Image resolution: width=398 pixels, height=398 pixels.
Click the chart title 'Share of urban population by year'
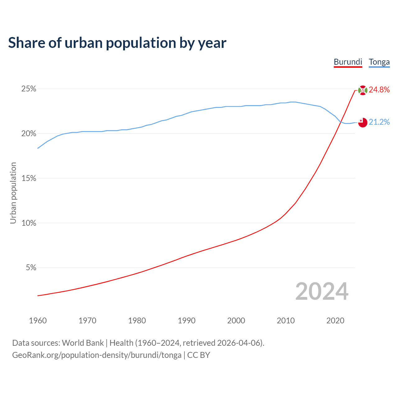point(117,43)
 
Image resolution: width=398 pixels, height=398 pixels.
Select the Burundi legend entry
point(348,62)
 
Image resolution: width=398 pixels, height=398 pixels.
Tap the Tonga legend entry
point(379,62)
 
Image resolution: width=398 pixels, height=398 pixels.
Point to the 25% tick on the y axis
point(29,89)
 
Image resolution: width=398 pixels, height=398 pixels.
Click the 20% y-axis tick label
point(29,134)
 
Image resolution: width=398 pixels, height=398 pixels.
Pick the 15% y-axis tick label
point(29,178)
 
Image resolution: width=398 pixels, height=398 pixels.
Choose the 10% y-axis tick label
point(29,223)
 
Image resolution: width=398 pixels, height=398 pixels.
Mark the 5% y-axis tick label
point(31,268)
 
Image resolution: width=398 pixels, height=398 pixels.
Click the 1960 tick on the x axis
point(38,321)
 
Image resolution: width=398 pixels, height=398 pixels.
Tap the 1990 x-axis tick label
point(187,321)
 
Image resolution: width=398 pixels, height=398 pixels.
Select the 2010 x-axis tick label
point(286,321)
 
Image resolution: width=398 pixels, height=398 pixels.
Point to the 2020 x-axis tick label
point(335,321)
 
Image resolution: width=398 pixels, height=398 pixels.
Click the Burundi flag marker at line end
point(363,90)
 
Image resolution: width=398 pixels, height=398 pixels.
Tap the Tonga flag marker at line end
point(363,123)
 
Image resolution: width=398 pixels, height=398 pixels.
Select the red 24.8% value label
point(379,90)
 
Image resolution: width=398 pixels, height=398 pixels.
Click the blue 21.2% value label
point(379,122)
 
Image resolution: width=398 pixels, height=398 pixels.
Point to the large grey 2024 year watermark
point(322,291)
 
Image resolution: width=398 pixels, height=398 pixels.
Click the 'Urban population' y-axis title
point(13,193)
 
